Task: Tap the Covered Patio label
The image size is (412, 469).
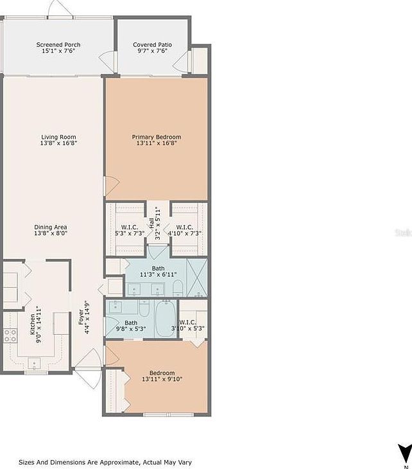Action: point(151,44)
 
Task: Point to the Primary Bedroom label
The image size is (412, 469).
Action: point(156,137)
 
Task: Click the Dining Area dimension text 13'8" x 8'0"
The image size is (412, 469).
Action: point(51,234)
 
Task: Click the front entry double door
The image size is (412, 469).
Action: point(87,369)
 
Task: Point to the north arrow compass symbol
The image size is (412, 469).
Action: point(403,453)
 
